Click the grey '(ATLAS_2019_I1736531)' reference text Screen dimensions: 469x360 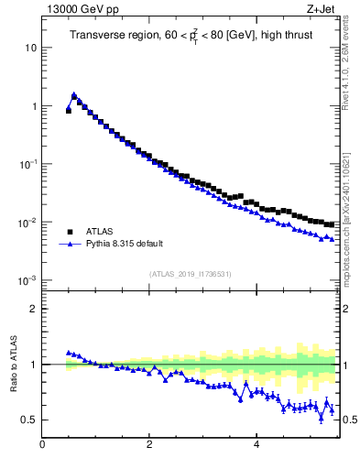(190, 274)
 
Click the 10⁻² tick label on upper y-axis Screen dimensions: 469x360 (28, 223)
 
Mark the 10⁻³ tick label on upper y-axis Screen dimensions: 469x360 (28, 280)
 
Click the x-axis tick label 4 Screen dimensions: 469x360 (256, 446)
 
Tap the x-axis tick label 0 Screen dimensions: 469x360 (42, 446)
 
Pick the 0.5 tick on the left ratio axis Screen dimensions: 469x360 (29, 420)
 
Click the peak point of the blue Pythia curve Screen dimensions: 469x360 (74, 94)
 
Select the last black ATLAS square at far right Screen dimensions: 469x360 (332, 224)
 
